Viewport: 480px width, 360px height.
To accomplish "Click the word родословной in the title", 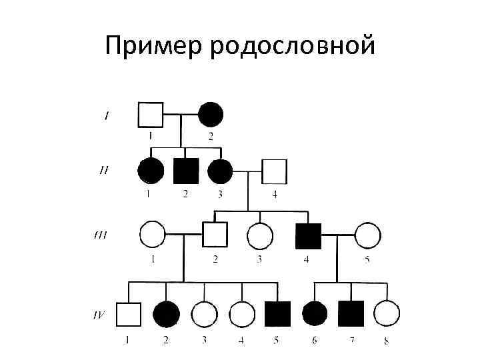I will (293, 47).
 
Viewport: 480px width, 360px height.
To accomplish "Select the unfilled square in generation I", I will (151, 115).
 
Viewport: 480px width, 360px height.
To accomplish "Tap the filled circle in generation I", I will (211, 115).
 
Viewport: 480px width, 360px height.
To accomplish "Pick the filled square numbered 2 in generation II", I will (186, 171).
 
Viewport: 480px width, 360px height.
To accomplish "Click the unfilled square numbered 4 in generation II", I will (273, 171).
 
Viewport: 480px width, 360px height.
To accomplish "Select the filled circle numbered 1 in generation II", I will (151, 171).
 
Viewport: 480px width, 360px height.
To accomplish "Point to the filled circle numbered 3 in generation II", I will (220, 171).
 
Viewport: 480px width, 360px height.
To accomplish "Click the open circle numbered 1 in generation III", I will (152, 235).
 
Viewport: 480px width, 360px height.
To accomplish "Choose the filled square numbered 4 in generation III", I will (307, 235).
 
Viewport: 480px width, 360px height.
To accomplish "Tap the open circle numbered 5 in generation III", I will (367, 235).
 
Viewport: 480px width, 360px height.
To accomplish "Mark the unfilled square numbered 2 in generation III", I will (215, 235).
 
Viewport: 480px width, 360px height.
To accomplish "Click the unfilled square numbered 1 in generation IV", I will (129, 314).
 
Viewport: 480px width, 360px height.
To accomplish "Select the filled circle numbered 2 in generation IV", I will (167, 314).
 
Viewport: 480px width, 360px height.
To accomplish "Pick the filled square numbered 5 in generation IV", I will (277, 314).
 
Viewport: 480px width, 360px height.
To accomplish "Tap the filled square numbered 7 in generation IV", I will (351, 314).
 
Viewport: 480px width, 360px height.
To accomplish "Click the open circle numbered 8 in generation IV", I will (387, 314).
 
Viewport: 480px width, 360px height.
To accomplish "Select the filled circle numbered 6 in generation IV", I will (315, 314).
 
